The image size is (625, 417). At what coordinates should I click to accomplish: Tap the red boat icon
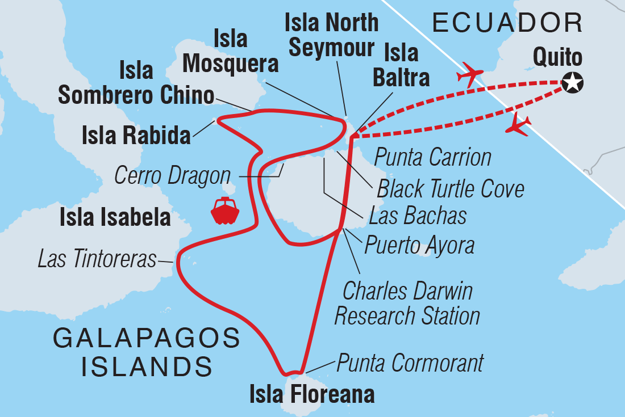pos(226,211)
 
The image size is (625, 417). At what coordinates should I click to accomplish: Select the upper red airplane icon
pos(469,74)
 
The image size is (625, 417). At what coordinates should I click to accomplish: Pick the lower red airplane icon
pos(518,125)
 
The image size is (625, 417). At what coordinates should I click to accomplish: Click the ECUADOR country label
pos(507,24)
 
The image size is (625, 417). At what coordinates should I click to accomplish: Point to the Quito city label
pos(557,57)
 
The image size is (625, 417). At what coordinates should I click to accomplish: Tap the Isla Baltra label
pos(401,65)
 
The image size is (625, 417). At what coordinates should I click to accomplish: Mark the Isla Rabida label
pos(136,136)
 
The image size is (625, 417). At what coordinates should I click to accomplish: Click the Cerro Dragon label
pos(172,176)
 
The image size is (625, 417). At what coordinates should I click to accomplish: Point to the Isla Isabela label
pos(115,217)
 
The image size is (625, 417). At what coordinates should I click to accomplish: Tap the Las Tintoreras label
pos(97,259)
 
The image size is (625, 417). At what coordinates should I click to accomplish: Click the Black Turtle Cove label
pos(451,189)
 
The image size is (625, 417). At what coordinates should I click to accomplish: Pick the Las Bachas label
pos(418,216)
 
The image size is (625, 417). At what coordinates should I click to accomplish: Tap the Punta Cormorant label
pos(410,363)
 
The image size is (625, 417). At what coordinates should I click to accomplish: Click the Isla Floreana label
pos(312,394)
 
